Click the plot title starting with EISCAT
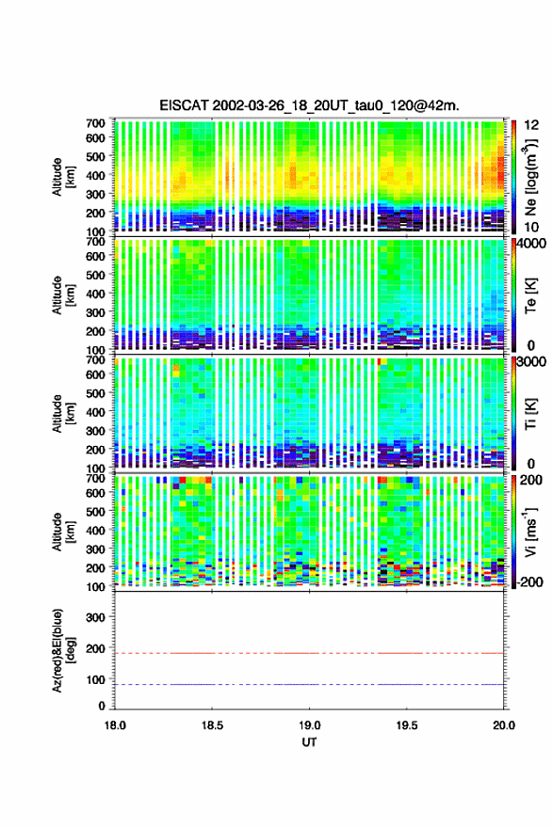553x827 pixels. (310, 105)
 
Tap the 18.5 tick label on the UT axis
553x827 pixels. (212, 725)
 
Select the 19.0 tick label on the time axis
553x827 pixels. (310, 725)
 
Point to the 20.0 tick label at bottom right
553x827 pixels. (504, 725)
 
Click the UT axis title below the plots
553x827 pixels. (310, 742)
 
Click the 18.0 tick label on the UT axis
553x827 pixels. (115, 725)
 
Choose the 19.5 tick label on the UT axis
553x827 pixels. (407, 725)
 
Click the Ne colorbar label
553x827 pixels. (531, 177)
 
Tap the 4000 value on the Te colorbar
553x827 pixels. (531, 245)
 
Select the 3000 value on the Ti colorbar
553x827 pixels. (531, 362)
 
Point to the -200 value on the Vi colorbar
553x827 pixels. (529, 582)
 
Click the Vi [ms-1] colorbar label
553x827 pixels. (531, 532)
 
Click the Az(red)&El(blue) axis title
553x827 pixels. (62, 651)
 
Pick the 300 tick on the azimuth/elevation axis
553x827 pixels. (95, 617)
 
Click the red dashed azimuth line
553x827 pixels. (310, 653)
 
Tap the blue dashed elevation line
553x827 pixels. (310, 685)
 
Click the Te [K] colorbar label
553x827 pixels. (530, 295)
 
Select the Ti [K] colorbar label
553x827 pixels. (530, 414)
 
